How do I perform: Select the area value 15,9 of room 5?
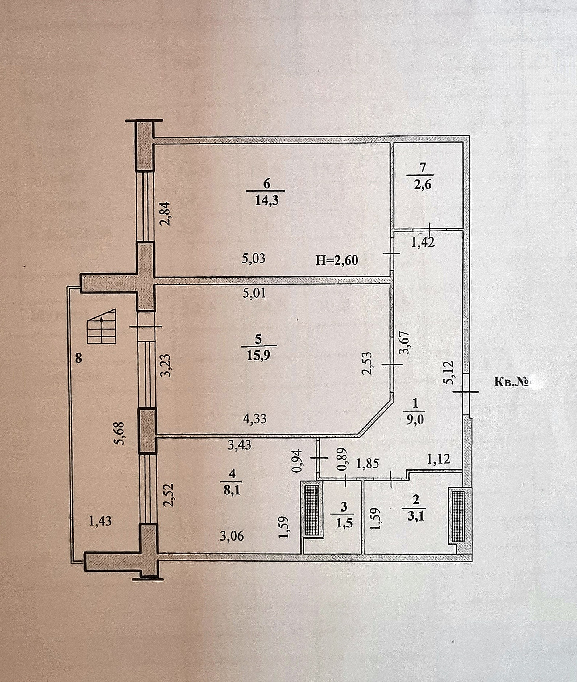click(258, 355)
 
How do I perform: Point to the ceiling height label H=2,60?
click(337, 260)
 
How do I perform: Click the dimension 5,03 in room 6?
click(253, 259)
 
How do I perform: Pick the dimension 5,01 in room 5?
click(254, 293)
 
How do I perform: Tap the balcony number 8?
click(78, 358)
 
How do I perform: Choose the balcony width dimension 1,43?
click(100, 521)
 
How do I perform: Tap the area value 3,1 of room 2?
click(415, 515)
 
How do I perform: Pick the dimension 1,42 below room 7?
click(423, 242)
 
